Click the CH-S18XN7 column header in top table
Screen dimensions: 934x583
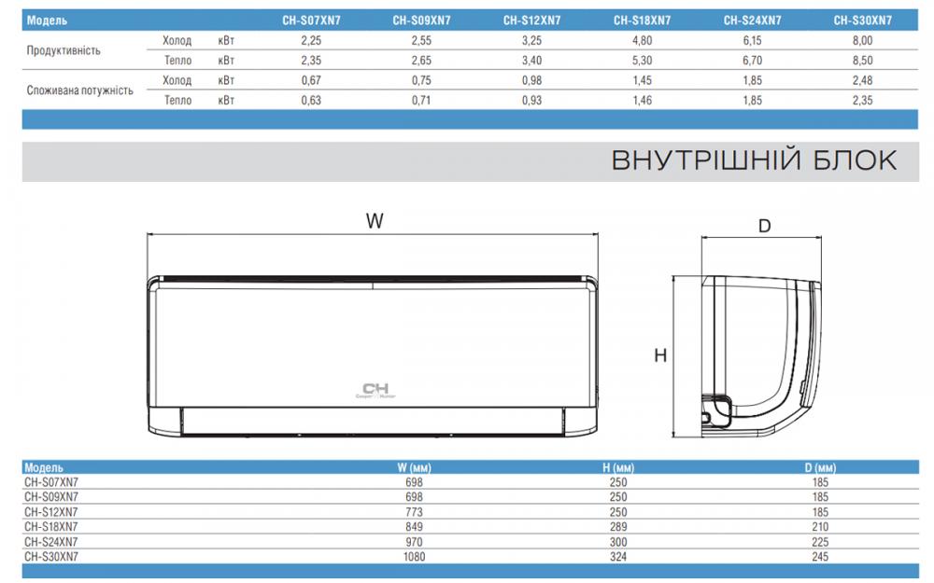coord(643,21)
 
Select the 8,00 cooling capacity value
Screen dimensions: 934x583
coord(862,40)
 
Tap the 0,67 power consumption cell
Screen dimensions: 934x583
coord(311,80)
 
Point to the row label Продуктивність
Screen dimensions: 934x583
coord(64,50)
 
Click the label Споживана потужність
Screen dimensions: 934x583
coord(79,90)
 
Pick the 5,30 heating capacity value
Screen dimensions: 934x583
coord(643,60)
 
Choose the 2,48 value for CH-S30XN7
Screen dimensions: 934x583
coord(862,80)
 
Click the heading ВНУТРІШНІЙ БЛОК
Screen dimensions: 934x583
coord(754,160)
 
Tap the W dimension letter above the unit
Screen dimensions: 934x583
coord(375,221)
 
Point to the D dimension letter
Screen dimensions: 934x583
coord(764,226)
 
